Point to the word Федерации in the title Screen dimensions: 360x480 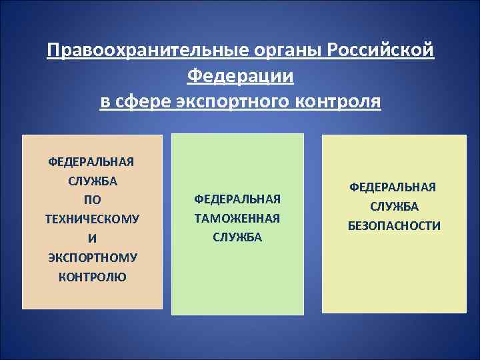[240, 77]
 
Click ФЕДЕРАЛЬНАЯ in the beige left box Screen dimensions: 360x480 [92, 161]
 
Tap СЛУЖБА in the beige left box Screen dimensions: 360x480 [92, 181]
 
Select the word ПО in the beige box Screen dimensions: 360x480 [92, 200]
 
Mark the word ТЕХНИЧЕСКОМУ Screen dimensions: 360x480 [92, 219]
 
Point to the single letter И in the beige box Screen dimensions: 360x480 [92, 238]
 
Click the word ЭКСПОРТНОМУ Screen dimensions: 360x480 [92, 257]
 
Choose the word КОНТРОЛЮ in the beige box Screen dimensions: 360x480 [92, 277]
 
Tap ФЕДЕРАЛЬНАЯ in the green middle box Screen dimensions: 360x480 [237, 199]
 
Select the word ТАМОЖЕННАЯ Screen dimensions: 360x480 [237, 219]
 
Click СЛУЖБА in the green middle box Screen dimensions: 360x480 [237, 237]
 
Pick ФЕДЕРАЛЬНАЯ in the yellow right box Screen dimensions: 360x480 [393, 187]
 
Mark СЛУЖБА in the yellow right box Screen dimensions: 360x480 [393, 207]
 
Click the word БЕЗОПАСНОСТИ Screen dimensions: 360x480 [393, 226]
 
